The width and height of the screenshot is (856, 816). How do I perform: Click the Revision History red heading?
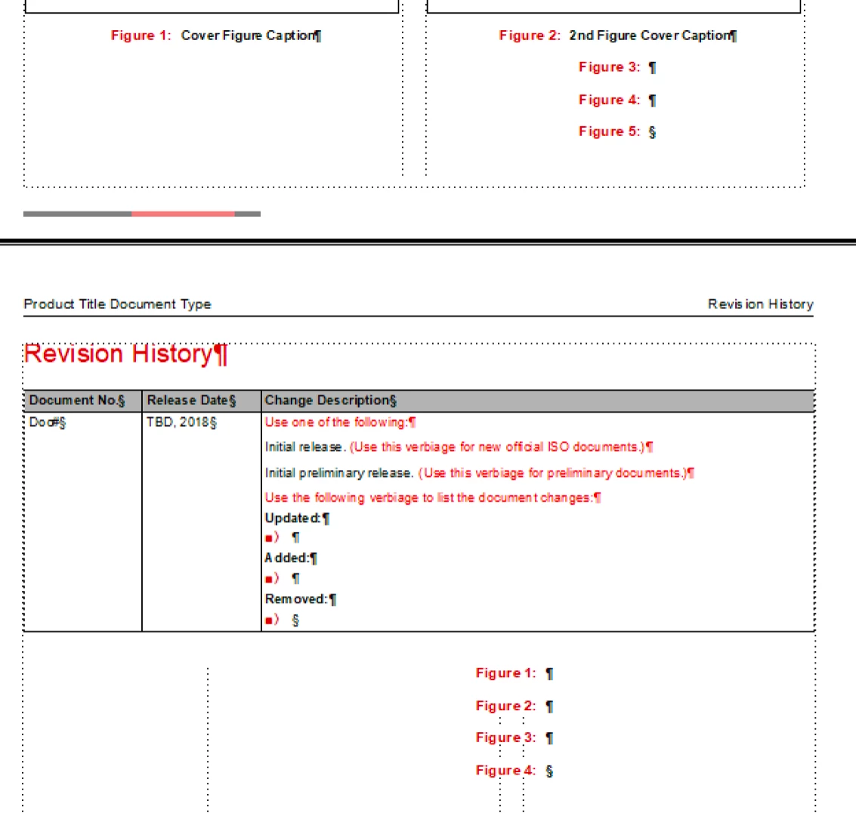pyautogui.click(x=119, y=354)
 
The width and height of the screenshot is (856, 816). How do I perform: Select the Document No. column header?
pyautogui.click(x=74, y=400)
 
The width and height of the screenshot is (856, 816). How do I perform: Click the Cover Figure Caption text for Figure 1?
pyautogui.click(x=248, y=36)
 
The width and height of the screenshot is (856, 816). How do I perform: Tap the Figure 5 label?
pyautogui.click(x=609, y=131)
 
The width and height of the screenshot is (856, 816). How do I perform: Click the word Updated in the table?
pyautogui.click(x=292, y=518)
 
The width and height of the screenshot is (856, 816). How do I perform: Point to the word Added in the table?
pyautogui.click(x=286, y=558)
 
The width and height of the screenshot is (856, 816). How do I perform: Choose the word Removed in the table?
pyautogui.click(x=295, y=599)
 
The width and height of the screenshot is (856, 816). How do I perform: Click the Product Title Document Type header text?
pyautogui.click(x=117, y=304)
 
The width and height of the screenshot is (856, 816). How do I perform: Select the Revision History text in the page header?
pyautogui.click(x=760, y=304)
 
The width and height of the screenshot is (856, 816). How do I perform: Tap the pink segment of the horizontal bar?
pyautogui.click(x=183, y=214)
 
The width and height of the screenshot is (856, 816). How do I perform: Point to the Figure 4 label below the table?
pyautogui.click(x=505, y=771)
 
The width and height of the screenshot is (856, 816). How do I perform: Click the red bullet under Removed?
pyautogui.click(x=268, y=620)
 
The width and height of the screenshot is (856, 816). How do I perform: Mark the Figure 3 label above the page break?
pyautogui.click(x=609, y=67)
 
